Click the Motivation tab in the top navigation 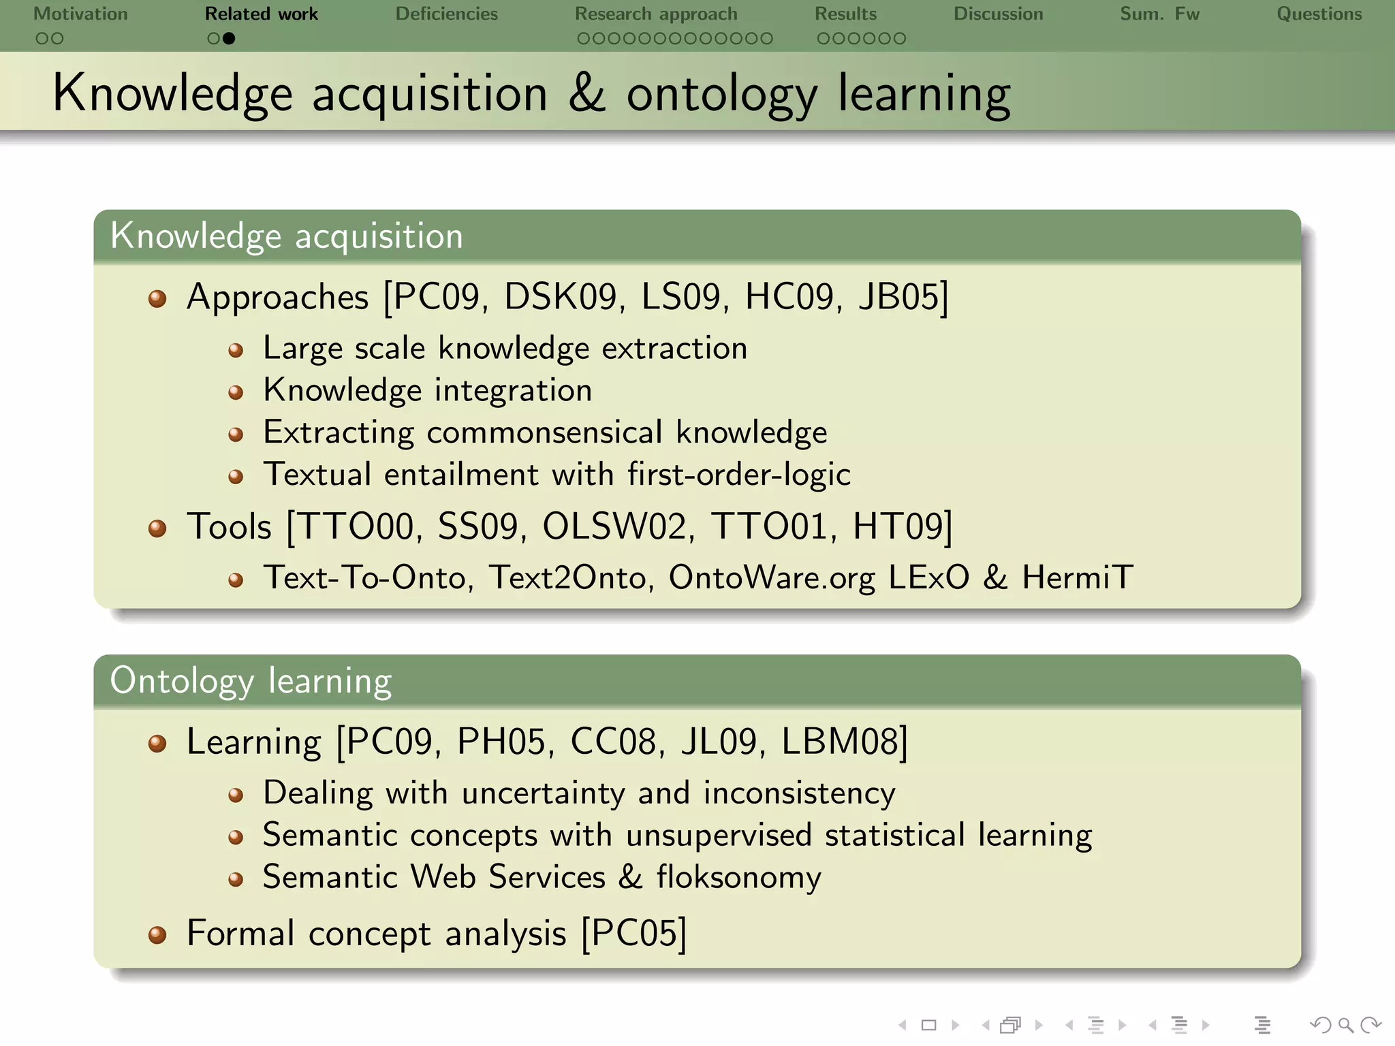click(80, 14)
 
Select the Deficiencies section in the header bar click(446, 14)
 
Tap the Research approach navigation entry click(655, 14)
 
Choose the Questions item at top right click(1319, 14)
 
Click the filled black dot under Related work click(229, 39)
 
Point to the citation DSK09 click(560, 297)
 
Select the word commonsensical click(544, 432)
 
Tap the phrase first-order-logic click(738, 474)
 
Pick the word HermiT click(1078, 577)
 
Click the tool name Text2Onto click(567, 577)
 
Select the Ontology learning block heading click(251, 680)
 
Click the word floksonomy click(738, 877)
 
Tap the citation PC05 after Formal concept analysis click(633, 933)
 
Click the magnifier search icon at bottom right click(1345, 1025)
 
